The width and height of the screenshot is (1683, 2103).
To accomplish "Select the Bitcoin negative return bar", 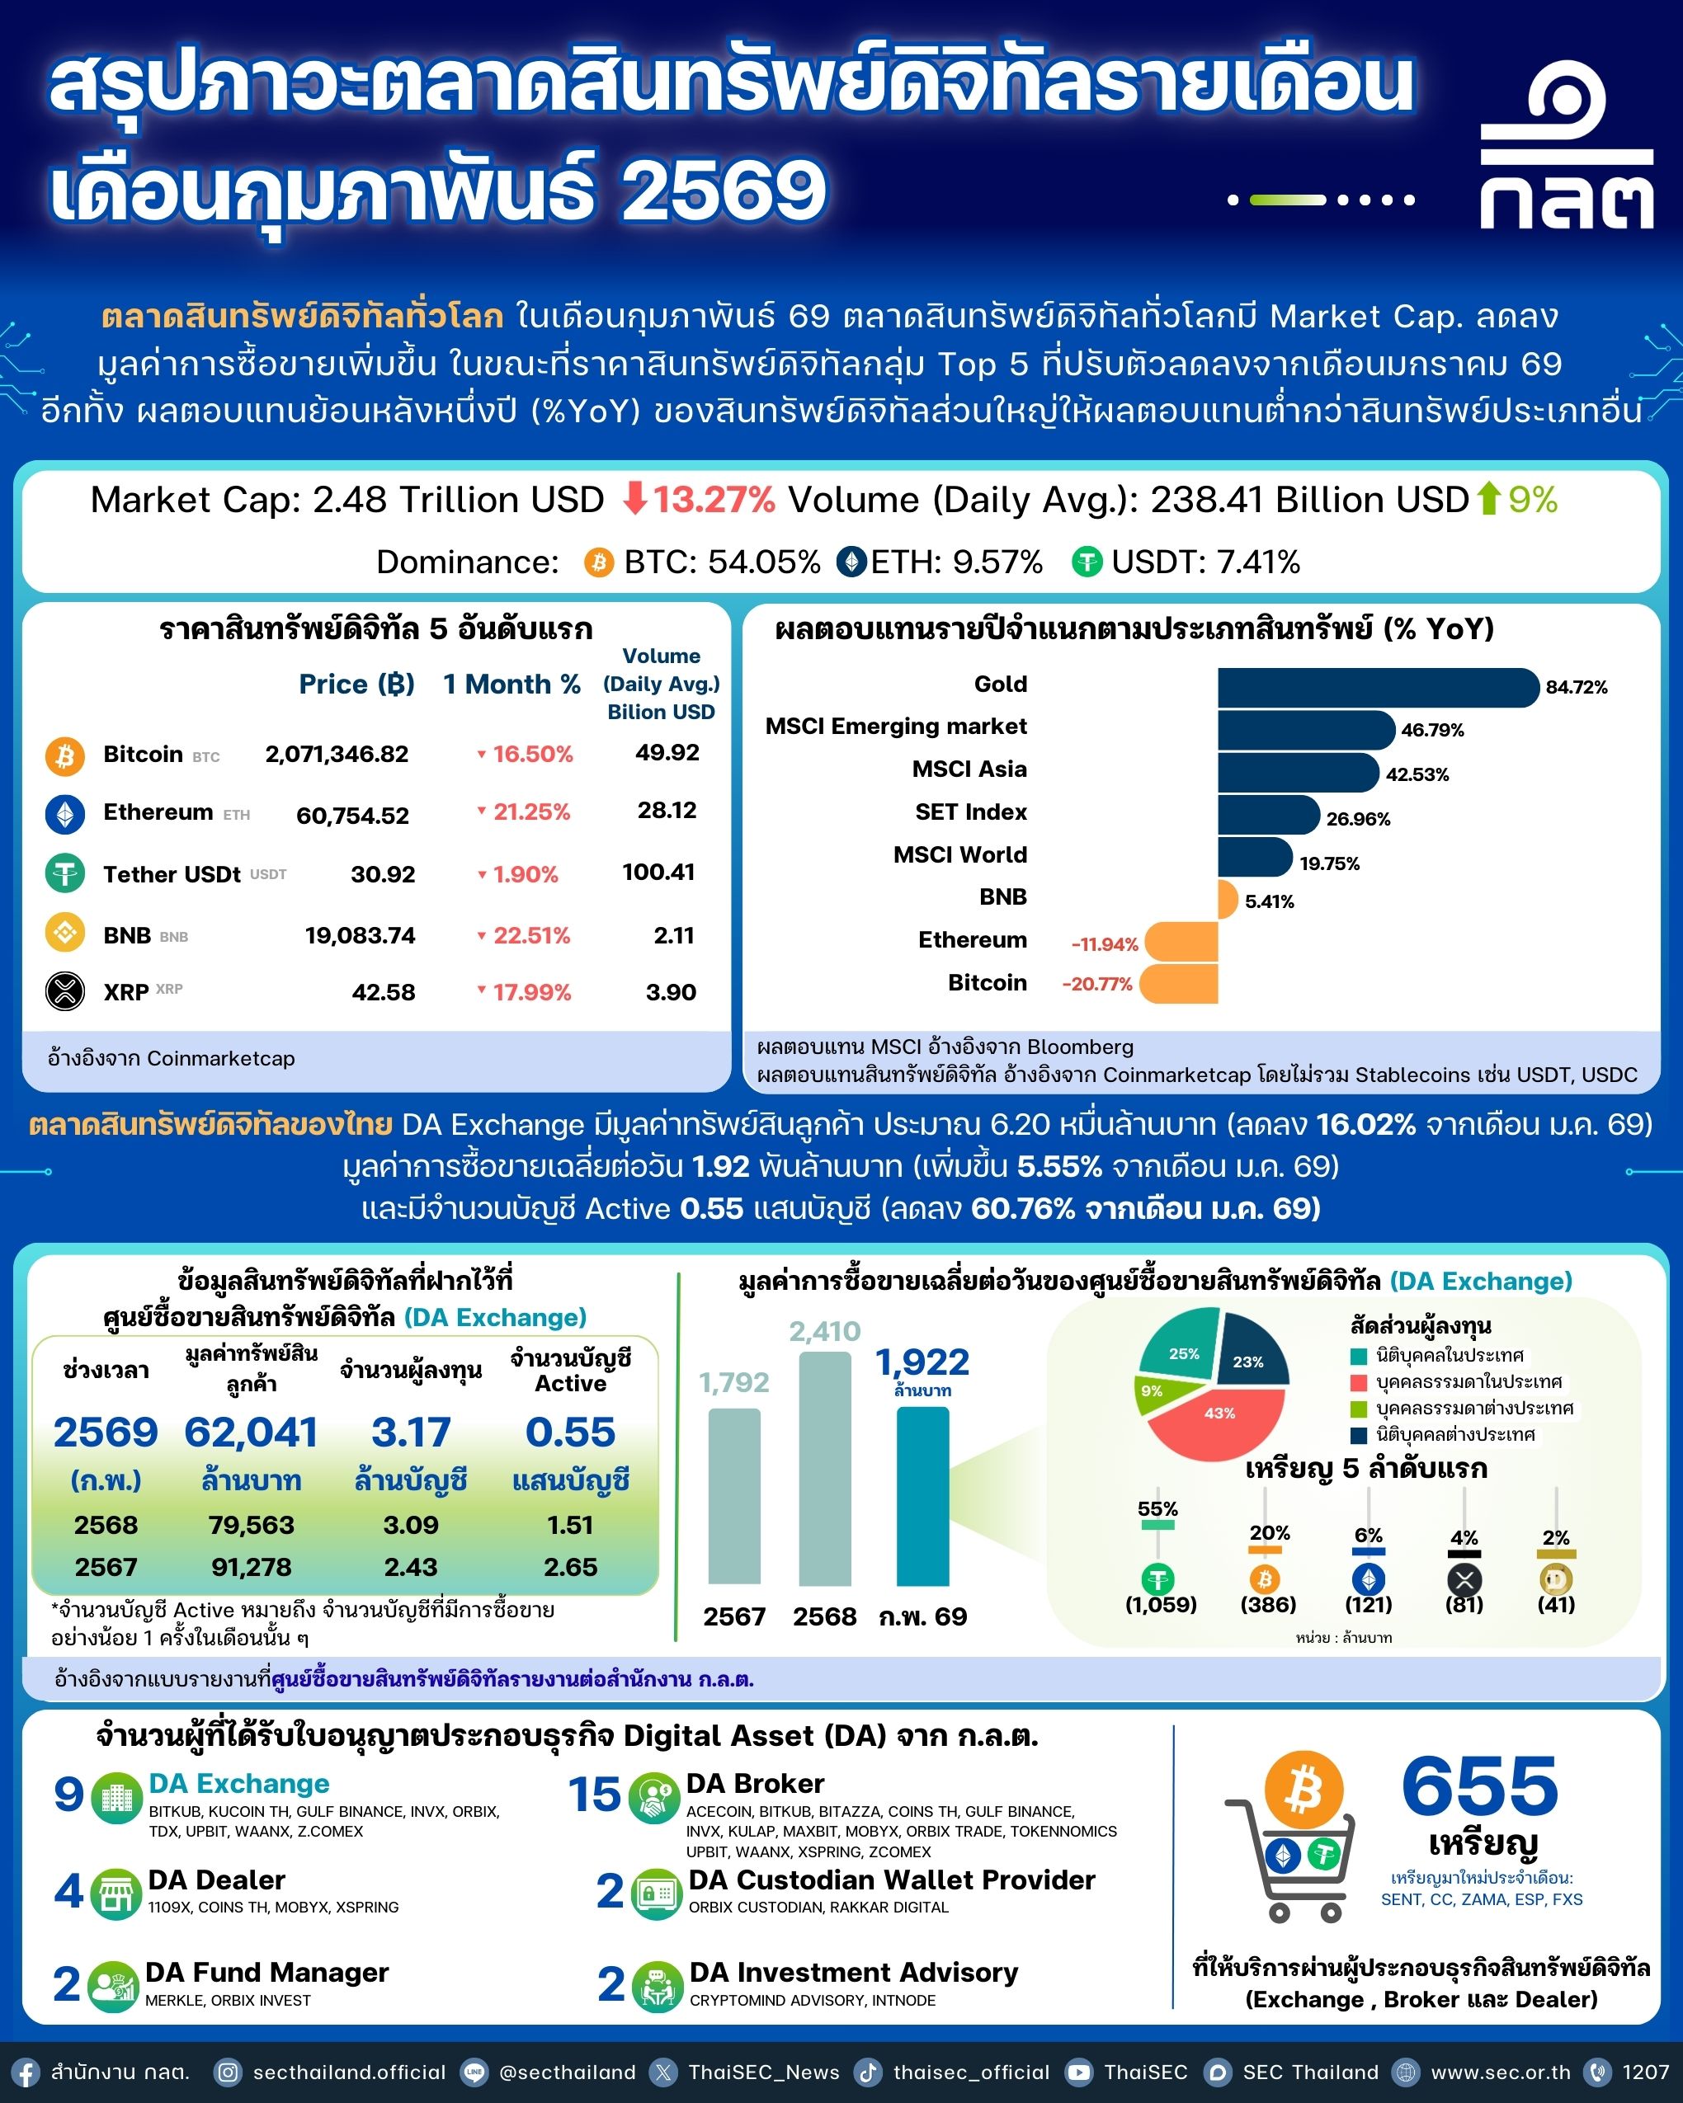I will [1179, 983].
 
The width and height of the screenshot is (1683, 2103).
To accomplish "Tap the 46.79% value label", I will [1432, 730].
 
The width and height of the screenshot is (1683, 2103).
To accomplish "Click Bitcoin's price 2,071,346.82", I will [337, 754].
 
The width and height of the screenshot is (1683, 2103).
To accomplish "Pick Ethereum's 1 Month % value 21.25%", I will [530, 812].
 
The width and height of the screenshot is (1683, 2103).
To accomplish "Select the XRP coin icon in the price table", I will [65, 992].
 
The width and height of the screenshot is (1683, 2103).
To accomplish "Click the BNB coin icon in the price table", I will [65, 934].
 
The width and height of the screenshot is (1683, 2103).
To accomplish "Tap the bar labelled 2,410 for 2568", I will [824, 1468].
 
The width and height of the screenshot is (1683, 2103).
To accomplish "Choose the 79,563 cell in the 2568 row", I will [251, 1525].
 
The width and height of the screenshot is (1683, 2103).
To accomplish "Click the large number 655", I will [1479, 1787].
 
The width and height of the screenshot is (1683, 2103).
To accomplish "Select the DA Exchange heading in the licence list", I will [239, 1784].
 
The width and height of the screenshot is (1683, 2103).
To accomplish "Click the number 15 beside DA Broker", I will [594, 1795].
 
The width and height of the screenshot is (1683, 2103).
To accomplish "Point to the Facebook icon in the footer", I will [25, 2072].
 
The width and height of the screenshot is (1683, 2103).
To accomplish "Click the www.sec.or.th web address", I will [1501, 2072].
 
